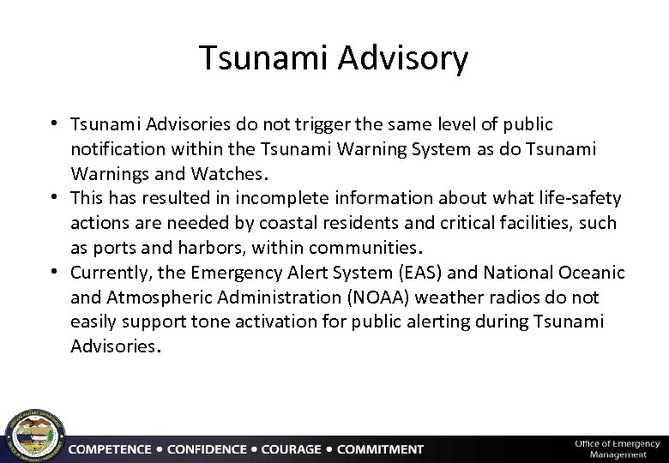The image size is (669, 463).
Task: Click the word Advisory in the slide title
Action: pyautogui.click(x=403, y=59)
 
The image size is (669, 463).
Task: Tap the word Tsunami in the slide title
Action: pyautogui.click(x=264, y=59)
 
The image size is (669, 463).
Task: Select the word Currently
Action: pyautogui.click(x=109, y=273)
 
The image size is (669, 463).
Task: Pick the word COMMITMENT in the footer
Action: pyautogui.click(x=380, y=449)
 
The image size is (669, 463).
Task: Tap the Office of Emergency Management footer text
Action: pyautogui.click(x=617, y=448)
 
